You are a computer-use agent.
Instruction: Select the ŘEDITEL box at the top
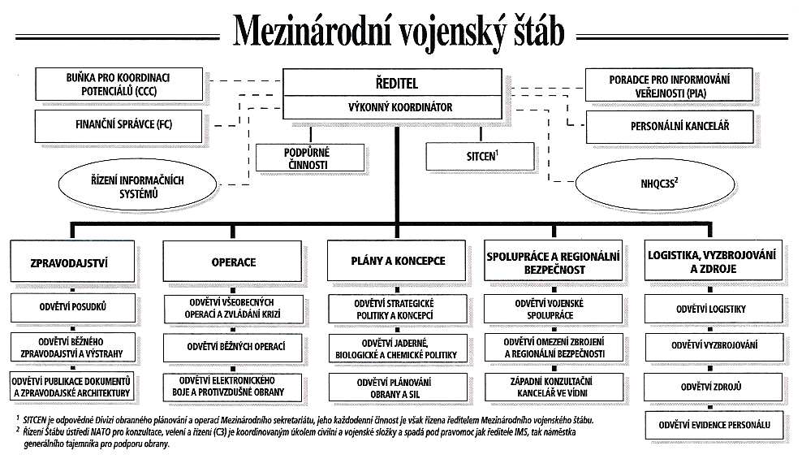(392, 82)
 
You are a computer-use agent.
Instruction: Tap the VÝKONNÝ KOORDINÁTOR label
(392, 107)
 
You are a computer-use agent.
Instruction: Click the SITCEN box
(481, 156)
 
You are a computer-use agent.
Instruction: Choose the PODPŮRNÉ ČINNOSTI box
(310, 158)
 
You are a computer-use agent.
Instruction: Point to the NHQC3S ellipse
(655, 184)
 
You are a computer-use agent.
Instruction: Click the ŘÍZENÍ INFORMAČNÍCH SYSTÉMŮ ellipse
(137, 187)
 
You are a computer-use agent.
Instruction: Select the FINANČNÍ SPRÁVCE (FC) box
(119, 126)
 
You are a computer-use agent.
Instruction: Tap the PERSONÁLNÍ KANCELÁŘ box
(670, 127)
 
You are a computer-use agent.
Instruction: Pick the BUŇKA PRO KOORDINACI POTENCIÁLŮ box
(119, 84)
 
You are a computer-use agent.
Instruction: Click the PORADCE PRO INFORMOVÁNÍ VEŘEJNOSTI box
(669, 85)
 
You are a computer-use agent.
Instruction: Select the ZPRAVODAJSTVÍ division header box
(72, 262)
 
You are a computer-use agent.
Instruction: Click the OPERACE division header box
(233, 261)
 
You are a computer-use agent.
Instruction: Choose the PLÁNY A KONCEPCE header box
(397, 261)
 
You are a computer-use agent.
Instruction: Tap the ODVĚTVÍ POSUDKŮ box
(74, 308)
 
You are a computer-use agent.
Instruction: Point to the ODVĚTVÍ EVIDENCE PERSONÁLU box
(714, 425)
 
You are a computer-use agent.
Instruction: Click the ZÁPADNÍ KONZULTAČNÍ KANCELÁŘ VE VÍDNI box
(554, 388)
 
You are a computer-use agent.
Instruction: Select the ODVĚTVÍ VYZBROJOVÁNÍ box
(714, 346)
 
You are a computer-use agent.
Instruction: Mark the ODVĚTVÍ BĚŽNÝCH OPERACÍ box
(233, 348)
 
